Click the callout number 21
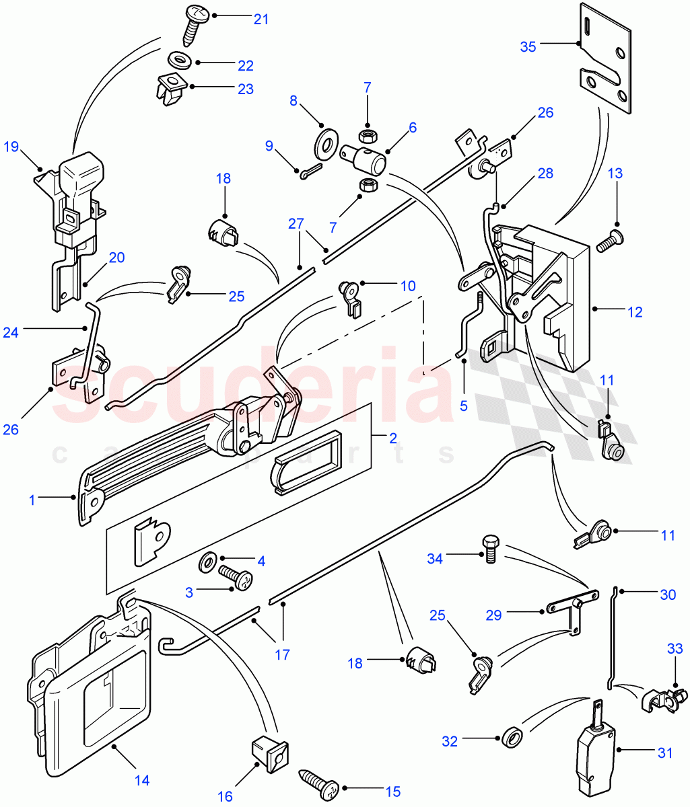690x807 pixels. click(x=261, y=19)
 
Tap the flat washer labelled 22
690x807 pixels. click(x=179, y=60)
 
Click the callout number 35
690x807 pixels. click(x=528, y=46)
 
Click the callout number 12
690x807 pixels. click(x=634, y=312)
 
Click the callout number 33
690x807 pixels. click(x=675, y=649)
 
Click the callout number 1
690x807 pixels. click(x=31, y=500)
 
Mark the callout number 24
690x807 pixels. click(x=11, y=332)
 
